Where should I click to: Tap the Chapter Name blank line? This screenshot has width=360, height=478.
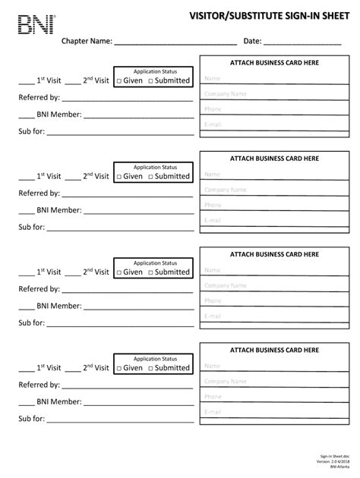(x=175, y=42)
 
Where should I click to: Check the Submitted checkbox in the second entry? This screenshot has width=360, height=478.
(x=150, y=176)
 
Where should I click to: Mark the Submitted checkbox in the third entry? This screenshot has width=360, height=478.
(x=150, y=272)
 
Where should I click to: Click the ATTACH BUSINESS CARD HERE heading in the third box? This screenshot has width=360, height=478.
(x=274, y=255)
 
